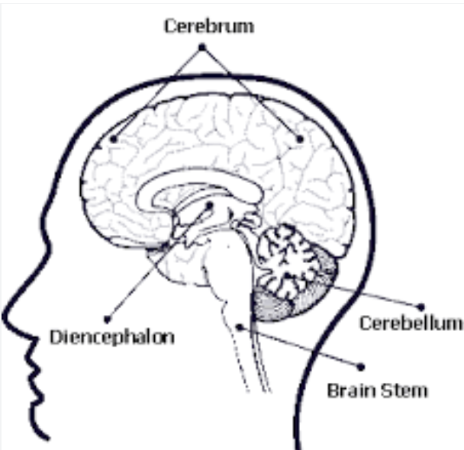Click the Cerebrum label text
(208, 26)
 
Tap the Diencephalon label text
(111, 336)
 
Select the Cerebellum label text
(411, 323)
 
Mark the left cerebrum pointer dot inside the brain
(113, 139)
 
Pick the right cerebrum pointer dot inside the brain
(300, 139)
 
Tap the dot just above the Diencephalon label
(107, 318)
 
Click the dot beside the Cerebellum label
(421, 307)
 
